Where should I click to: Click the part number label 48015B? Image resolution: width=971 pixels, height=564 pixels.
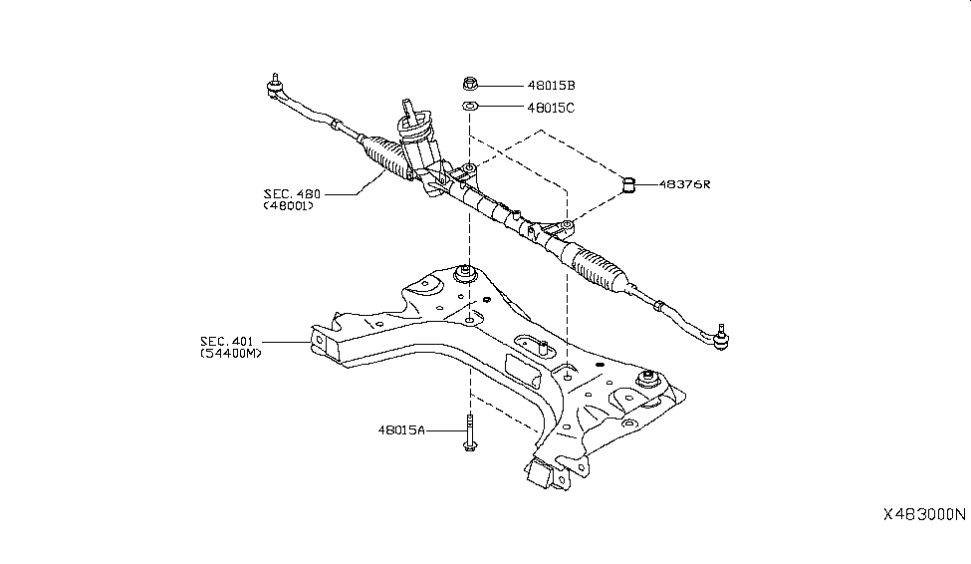point(551,86)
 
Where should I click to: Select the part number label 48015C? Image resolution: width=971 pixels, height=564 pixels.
point(551,108)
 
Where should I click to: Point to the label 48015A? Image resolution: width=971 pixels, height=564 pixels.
point(401,430)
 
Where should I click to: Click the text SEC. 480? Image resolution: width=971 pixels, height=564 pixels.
point(290,193)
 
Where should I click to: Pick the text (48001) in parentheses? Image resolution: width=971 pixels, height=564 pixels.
point(290,206)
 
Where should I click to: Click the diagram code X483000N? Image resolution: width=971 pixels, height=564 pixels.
point(923,515)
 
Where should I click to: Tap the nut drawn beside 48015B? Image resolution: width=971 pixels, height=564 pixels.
point(470,85)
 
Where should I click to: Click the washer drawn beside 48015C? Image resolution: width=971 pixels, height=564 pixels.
point(470,107)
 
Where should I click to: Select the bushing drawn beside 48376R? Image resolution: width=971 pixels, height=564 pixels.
point(628,183)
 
